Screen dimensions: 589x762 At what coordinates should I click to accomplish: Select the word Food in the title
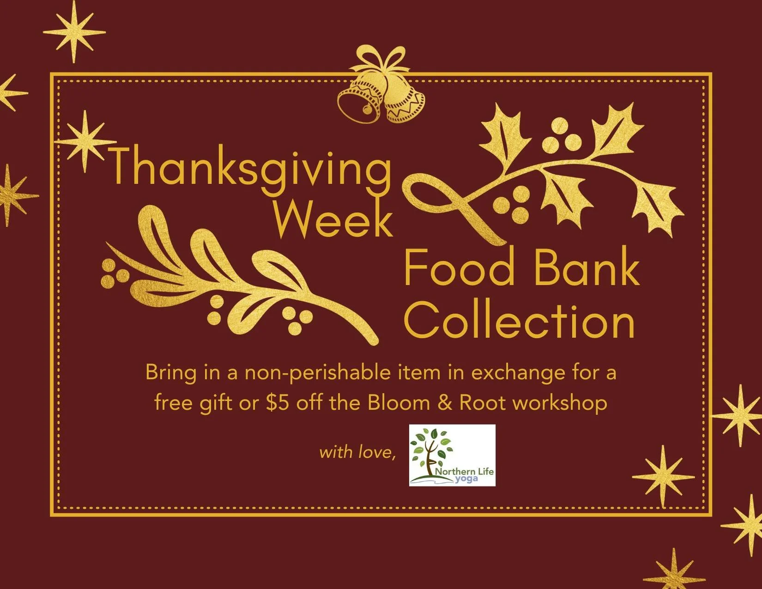(460, 270)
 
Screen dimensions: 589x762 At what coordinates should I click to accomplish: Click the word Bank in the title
(587, 270)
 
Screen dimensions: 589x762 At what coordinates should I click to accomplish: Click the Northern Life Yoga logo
(452, 455)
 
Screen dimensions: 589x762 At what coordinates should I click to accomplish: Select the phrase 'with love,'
(357, 452)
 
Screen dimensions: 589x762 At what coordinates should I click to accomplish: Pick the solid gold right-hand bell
(404, 104)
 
